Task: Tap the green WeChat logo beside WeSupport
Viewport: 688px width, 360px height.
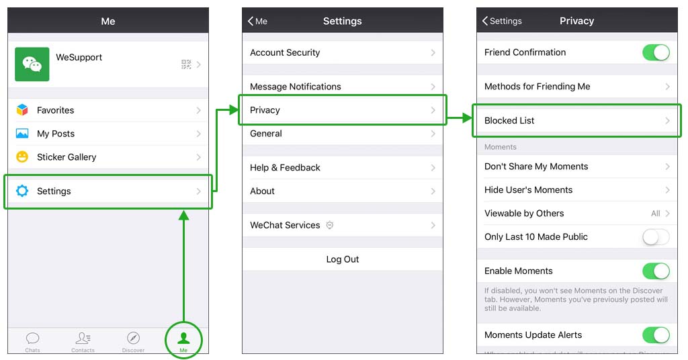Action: coord(32,64)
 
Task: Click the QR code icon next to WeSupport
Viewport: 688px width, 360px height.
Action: coord(186,64)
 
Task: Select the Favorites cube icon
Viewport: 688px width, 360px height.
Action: coord(22,109)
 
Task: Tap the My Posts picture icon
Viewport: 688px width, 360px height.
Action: coord(22,133)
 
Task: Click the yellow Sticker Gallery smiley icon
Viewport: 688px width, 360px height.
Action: coord(22,156)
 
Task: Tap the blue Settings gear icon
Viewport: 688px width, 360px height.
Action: coord(22,191)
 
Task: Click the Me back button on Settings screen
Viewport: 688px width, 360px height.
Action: coord(257,21)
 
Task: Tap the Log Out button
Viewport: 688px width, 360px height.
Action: coord(342,259)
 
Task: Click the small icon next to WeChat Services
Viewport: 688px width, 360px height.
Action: coord(330,225)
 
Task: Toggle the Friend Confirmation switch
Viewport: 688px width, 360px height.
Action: coord(656,52)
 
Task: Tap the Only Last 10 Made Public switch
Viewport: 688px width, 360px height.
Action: coord(656,237)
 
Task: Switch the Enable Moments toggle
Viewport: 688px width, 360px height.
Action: coord(656,271)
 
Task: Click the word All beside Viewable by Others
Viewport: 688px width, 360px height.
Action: coord(656,214)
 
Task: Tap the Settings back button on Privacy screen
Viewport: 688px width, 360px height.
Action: coord(502,21)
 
